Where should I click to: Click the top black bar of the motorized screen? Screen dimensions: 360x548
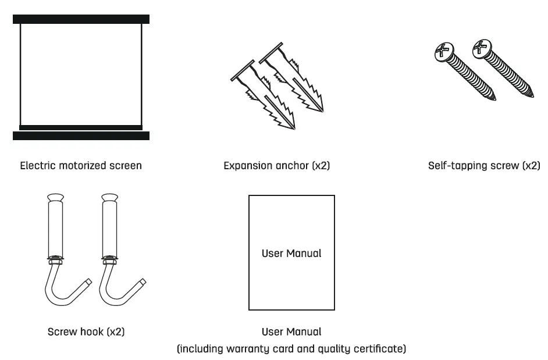(81, 19)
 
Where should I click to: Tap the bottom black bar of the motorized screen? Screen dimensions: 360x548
(81, 136)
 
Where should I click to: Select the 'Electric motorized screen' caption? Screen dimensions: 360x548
(81, 166)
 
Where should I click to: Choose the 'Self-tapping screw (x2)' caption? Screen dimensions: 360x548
(483, 166)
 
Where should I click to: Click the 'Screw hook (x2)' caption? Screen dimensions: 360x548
(86, 332)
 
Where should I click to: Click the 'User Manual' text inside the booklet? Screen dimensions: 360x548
(291, 254)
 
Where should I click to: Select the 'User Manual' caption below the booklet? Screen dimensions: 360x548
(291, 332)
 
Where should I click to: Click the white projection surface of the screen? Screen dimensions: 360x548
(81, 73)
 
